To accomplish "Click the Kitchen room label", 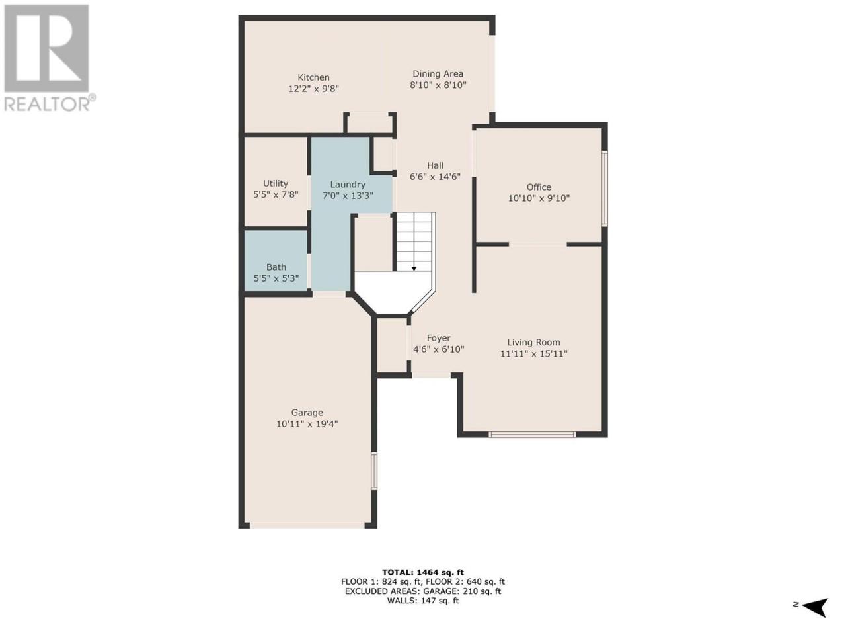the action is pos(313,77).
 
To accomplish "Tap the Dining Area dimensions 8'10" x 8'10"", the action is pos(438,85).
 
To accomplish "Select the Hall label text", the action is pos(435,165).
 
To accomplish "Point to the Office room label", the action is pos(539,187).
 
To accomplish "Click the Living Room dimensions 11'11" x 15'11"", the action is pos(534,353).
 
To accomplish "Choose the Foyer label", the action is pos(439,338).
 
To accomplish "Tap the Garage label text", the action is pos(307,413).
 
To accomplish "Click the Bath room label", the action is pos(276,267).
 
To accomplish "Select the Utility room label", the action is pos(275,183).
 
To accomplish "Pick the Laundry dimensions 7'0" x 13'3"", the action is pos(348,196).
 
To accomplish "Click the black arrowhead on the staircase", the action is pos(414,269).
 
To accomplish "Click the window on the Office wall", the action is pos(605,189).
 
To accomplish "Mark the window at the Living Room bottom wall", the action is pos(532,435).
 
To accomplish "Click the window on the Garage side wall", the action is pos(373,471).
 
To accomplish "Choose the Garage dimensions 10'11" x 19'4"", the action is pos(307,424).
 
